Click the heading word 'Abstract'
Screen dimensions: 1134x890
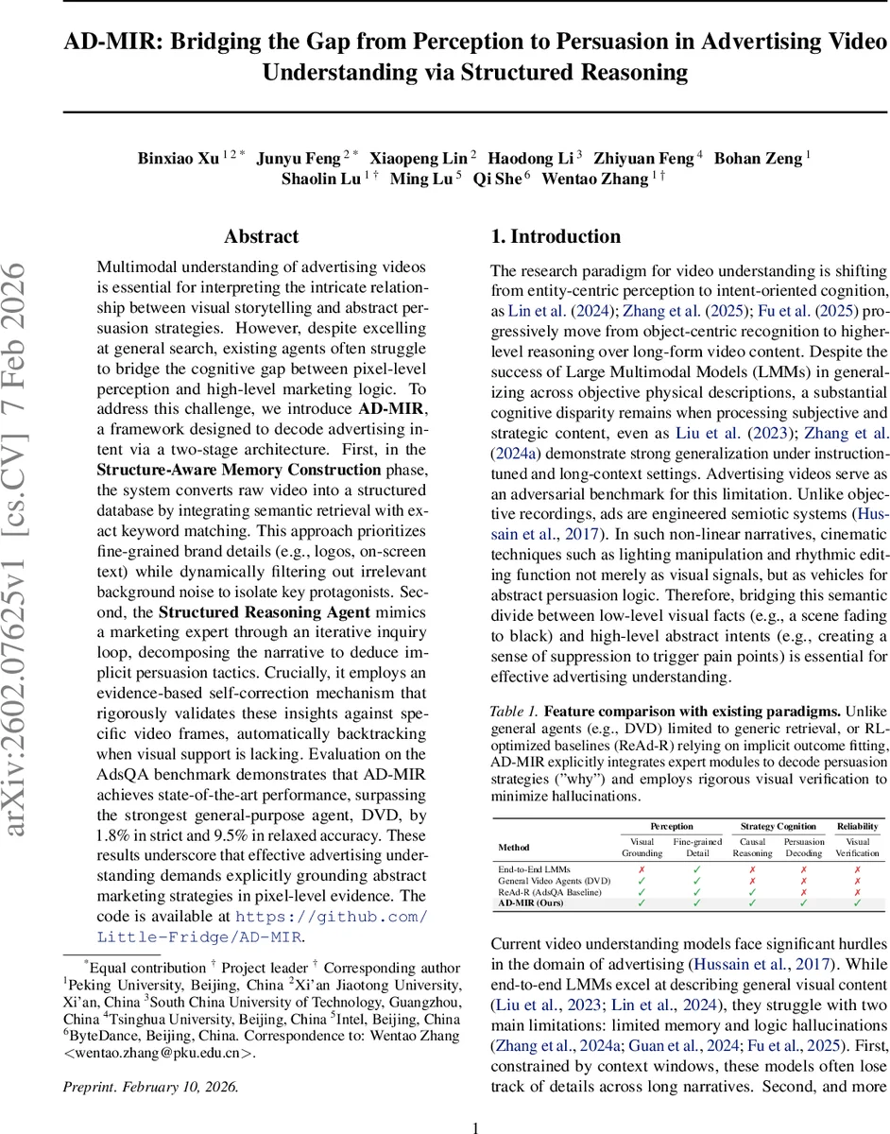click(261, 237)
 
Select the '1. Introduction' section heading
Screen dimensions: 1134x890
click(556, 237)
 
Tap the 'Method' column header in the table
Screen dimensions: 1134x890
click(514, 847)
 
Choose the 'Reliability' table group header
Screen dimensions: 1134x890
click(857, 826)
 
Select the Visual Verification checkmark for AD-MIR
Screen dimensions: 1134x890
click(857, 902)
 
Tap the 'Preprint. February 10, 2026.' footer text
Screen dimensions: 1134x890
click(151, 1086)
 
